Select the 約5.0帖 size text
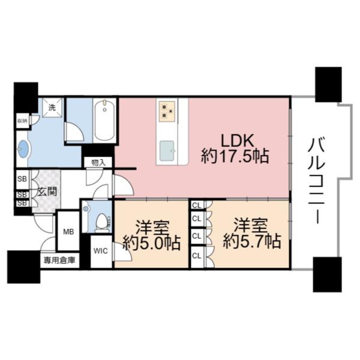[x=151, y=243]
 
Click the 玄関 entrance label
[x=46, y=192]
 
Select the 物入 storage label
[x=98, y=162]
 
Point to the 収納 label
[x=22, y=120]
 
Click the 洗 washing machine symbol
[x=52, y=107]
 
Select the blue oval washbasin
[x=23, y=149]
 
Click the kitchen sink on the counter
[x=167, y=148]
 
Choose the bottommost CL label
[x=196, y=256]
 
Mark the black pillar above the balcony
[x=328, y=84]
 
